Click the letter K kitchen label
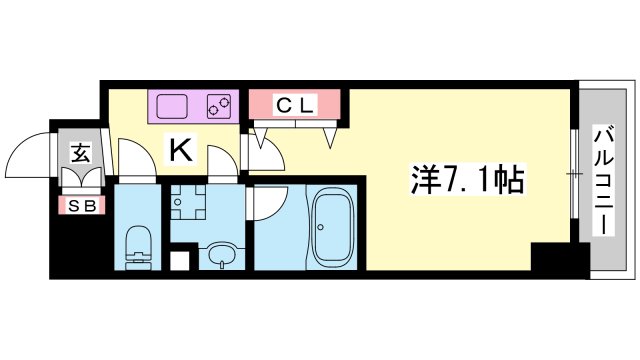point(180,150)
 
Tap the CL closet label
point(295,105)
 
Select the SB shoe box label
point(82,206)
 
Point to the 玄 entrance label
point(80,153)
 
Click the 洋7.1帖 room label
point(467,180)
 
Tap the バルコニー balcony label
point(604,181)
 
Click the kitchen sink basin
point(172,107)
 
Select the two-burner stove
point(219,107)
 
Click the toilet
point(138,248)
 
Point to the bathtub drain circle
point(321,227)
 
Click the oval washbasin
point(222,254)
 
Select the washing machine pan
point(188,202)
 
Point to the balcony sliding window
point(574,174)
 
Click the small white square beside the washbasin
point(180,261)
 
